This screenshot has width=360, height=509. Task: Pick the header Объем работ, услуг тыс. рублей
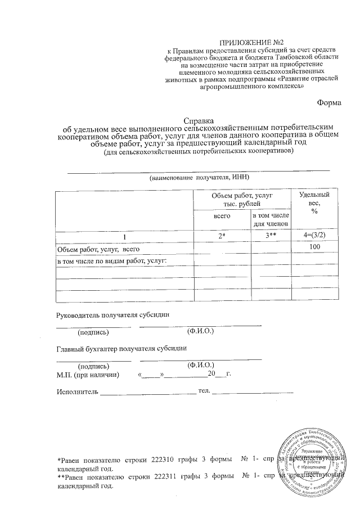click(x=242, y=199)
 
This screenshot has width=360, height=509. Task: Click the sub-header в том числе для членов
click(x=271, y=220)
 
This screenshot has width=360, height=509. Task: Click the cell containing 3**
click(x=270, y=237)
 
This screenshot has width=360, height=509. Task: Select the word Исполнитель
click(x=78, y=391)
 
